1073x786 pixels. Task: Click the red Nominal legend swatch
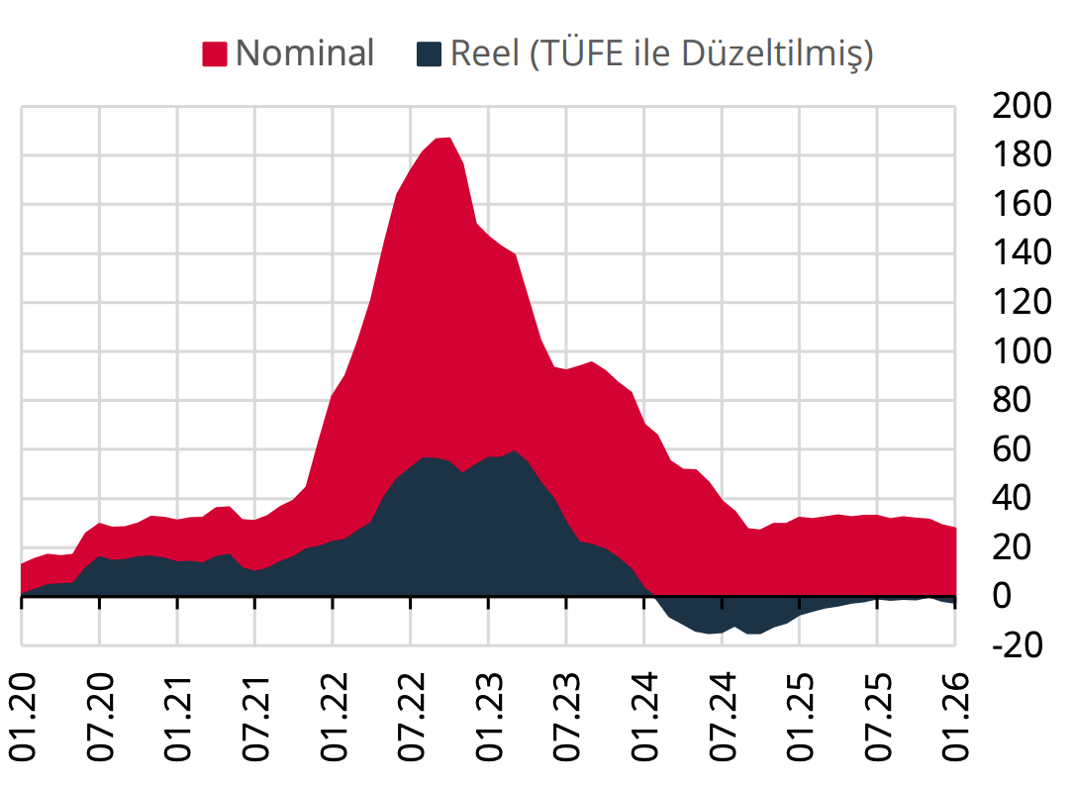(215, 53)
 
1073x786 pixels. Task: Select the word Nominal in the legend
(305, 53)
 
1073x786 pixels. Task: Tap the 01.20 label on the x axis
(23, 717)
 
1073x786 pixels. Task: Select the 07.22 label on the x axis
(411, 717)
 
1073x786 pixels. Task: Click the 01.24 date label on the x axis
(644, 717)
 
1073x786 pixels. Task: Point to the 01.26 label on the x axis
(955, 717)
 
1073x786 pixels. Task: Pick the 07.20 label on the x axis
(100, 717)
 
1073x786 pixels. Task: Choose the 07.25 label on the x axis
(877, 717)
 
